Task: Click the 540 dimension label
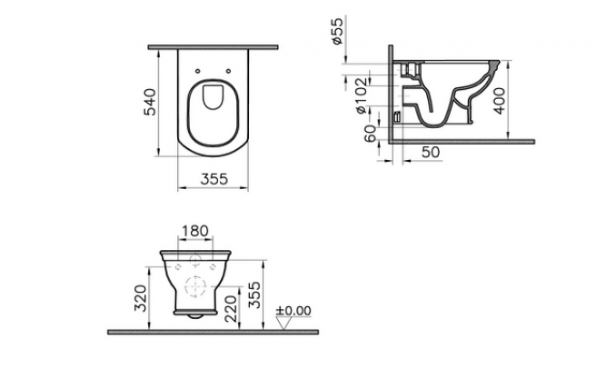coord(150,102)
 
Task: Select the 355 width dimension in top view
coord(214,179)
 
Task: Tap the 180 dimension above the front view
coord(195,231)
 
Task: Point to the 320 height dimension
coord(140,297)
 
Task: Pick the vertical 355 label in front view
coord(254,294)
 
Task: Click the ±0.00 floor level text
coord(293,311)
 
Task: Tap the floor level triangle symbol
coord(283,324)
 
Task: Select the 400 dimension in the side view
coord(500,101)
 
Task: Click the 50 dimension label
coord(431,152)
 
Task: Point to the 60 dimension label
coord(370,134)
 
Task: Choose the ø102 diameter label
coord(362,95)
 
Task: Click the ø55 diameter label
coord(337,31)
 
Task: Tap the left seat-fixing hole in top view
coord(197,71)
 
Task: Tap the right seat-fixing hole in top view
coord(228,71)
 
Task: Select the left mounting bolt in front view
coord(178,266)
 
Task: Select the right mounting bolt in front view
coord(213,266)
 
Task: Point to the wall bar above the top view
coord(213,47)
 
